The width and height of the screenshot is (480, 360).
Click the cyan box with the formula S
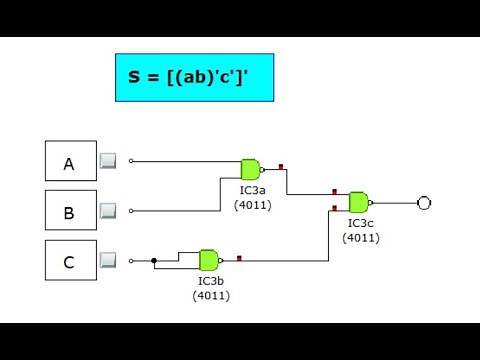pos(194,78)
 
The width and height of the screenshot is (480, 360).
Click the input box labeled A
pos(71,161)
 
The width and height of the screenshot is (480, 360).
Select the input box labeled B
pos(71,210)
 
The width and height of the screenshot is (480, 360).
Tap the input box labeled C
pos(71,260)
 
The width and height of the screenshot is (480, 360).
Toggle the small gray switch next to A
pos(108,161)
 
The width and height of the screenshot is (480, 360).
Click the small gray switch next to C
pos(108,260)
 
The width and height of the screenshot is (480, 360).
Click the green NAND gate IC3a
pos(251,169)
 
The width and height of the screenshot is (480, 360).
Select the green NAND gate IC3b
pos(210,261)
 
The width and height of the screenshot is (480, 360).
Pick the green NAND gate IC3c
pos(359,202)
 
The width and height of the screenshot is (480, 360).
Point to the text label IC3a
pos(253,189)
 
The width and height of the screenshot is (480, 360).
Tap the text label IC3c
pos(361,223)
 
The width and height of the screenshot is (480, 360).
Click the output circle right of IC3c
pos(424,203)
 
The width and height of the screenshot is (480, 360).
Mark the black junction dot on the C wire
pos(154,261)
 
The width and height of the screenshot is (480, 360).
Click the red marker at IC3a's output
pos(281,166)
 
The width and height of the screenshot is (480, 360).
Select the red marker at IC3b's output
pos(239,258)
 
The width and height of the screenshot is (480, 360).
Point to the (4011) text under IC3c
pos(361,237)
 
